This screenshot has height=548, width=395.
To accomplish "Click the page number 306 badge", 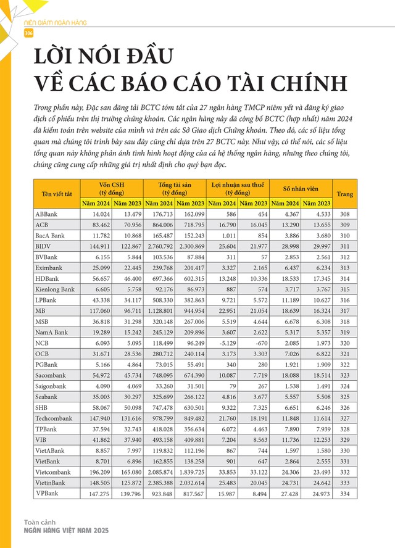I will point(28,33).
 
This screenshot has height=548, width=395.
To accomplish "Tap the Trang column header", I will point(345,194).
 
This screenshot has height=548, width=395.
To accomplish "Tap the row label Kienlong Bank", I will point(55,291).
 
